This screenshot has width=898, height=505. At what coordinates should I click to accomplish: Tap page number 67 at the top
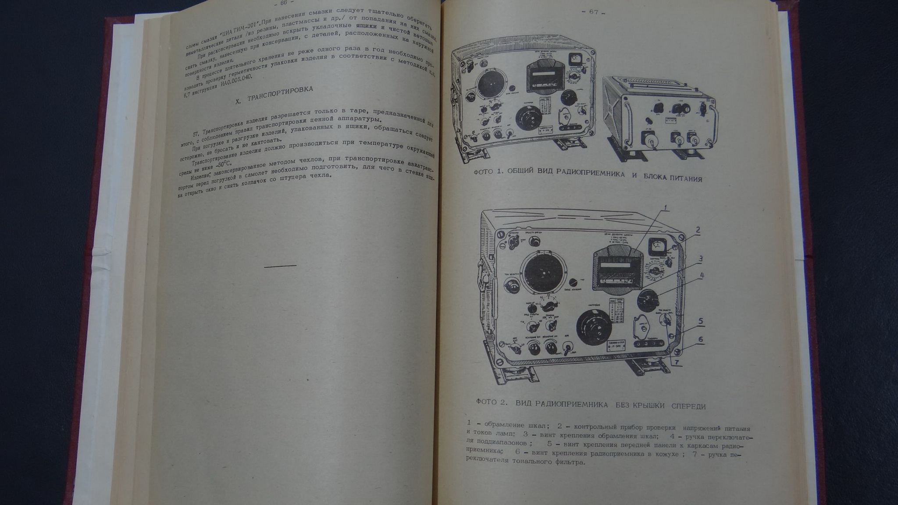(593, 12)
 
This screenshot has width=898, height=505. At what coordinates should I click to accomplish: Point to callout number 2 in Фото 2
(698, 229)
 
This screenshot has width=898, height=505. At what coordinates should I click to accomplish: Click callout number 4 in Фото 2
(702, 276)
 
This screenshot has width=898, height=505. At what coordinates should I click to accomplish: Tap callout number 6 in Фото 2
(701, 339)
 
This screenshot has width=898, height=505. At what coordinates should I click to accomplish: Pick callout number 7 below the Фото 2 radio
(676, 363)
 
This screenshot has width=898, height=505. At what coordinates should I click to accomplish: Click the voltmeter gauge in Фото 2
(656, 247)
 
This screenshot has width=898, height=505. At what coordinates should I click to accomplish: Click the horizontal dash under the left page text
(280, 266)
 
